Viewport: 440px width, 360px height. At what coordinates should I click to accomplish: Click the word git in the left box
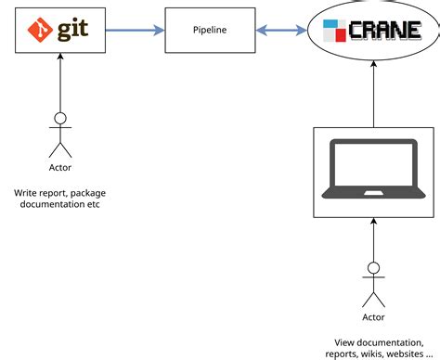click(71, 30)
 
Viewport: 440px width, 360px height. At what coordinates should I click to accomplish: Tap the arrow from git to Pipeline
click(135, 30)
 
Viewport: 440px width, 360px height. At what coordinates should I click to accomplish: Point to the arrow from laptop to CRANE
click(373, 97)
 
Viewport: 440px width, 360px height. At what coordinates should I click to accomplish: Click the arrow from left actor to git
click(60, 84)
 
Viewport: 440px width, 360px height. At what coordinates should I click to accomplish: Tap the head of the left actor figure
click(60, 118)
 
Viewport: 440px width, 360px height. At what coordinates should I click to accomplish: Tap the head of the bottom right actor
click(373, 269)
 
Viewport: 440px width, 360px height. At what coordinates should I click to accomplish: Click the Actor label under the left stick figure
click(60, 168)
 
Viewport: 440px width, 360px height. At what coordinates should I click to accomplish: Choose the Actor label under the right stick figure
click(373, 318)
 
